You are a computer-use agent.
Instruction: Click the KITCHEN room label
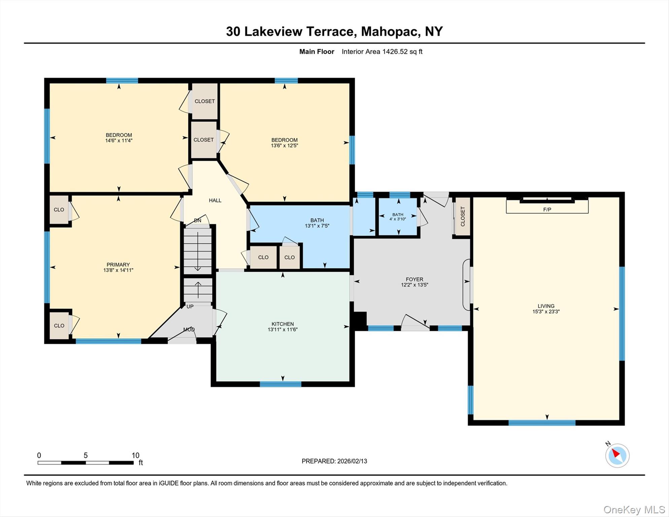click(x=283, y=324)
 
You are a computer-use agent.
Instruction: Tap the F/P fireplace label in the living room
click(x=547, y=209)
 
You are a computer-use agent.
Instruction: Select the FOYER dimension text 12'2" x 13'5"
click(x=414, y=285)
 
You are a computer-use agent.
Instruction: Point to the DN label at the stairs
click(x=198, y=220)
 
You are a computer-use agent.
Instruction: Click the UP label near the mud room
click(x=190, y=307)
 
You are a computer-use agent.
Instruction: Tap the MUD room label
click(x=189, y=330)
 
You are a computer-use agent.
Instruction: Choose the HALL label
click(x=215, y=200)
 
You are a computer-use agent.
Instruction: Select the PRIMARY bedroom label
click(x=118, y=265)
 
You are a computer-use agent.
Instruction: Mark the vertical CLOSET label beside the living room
click(x=462, y=216)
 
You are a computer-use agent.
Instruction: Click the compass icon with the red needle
click(x=617, y=455)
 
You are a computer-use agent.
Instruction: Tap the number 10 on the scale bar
click(x=135, y=455)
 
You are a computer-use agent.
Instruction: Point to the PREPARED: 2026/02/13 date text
click(x=334, y=461)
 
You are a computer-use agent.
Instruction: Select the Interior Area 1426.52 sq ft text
click(x=382, y=51)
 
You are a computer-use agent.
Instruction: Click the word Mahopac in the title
click(x=390, y=31)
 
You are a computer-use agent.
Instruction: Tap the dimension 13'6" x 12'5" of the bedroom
click(x=284, y=146)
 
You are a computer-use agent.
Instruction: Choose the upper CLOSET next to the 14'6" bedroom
click(x=205, y=101)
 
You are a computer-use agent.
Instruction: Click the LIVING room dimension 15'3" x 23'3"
click(x=546, y=312)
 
